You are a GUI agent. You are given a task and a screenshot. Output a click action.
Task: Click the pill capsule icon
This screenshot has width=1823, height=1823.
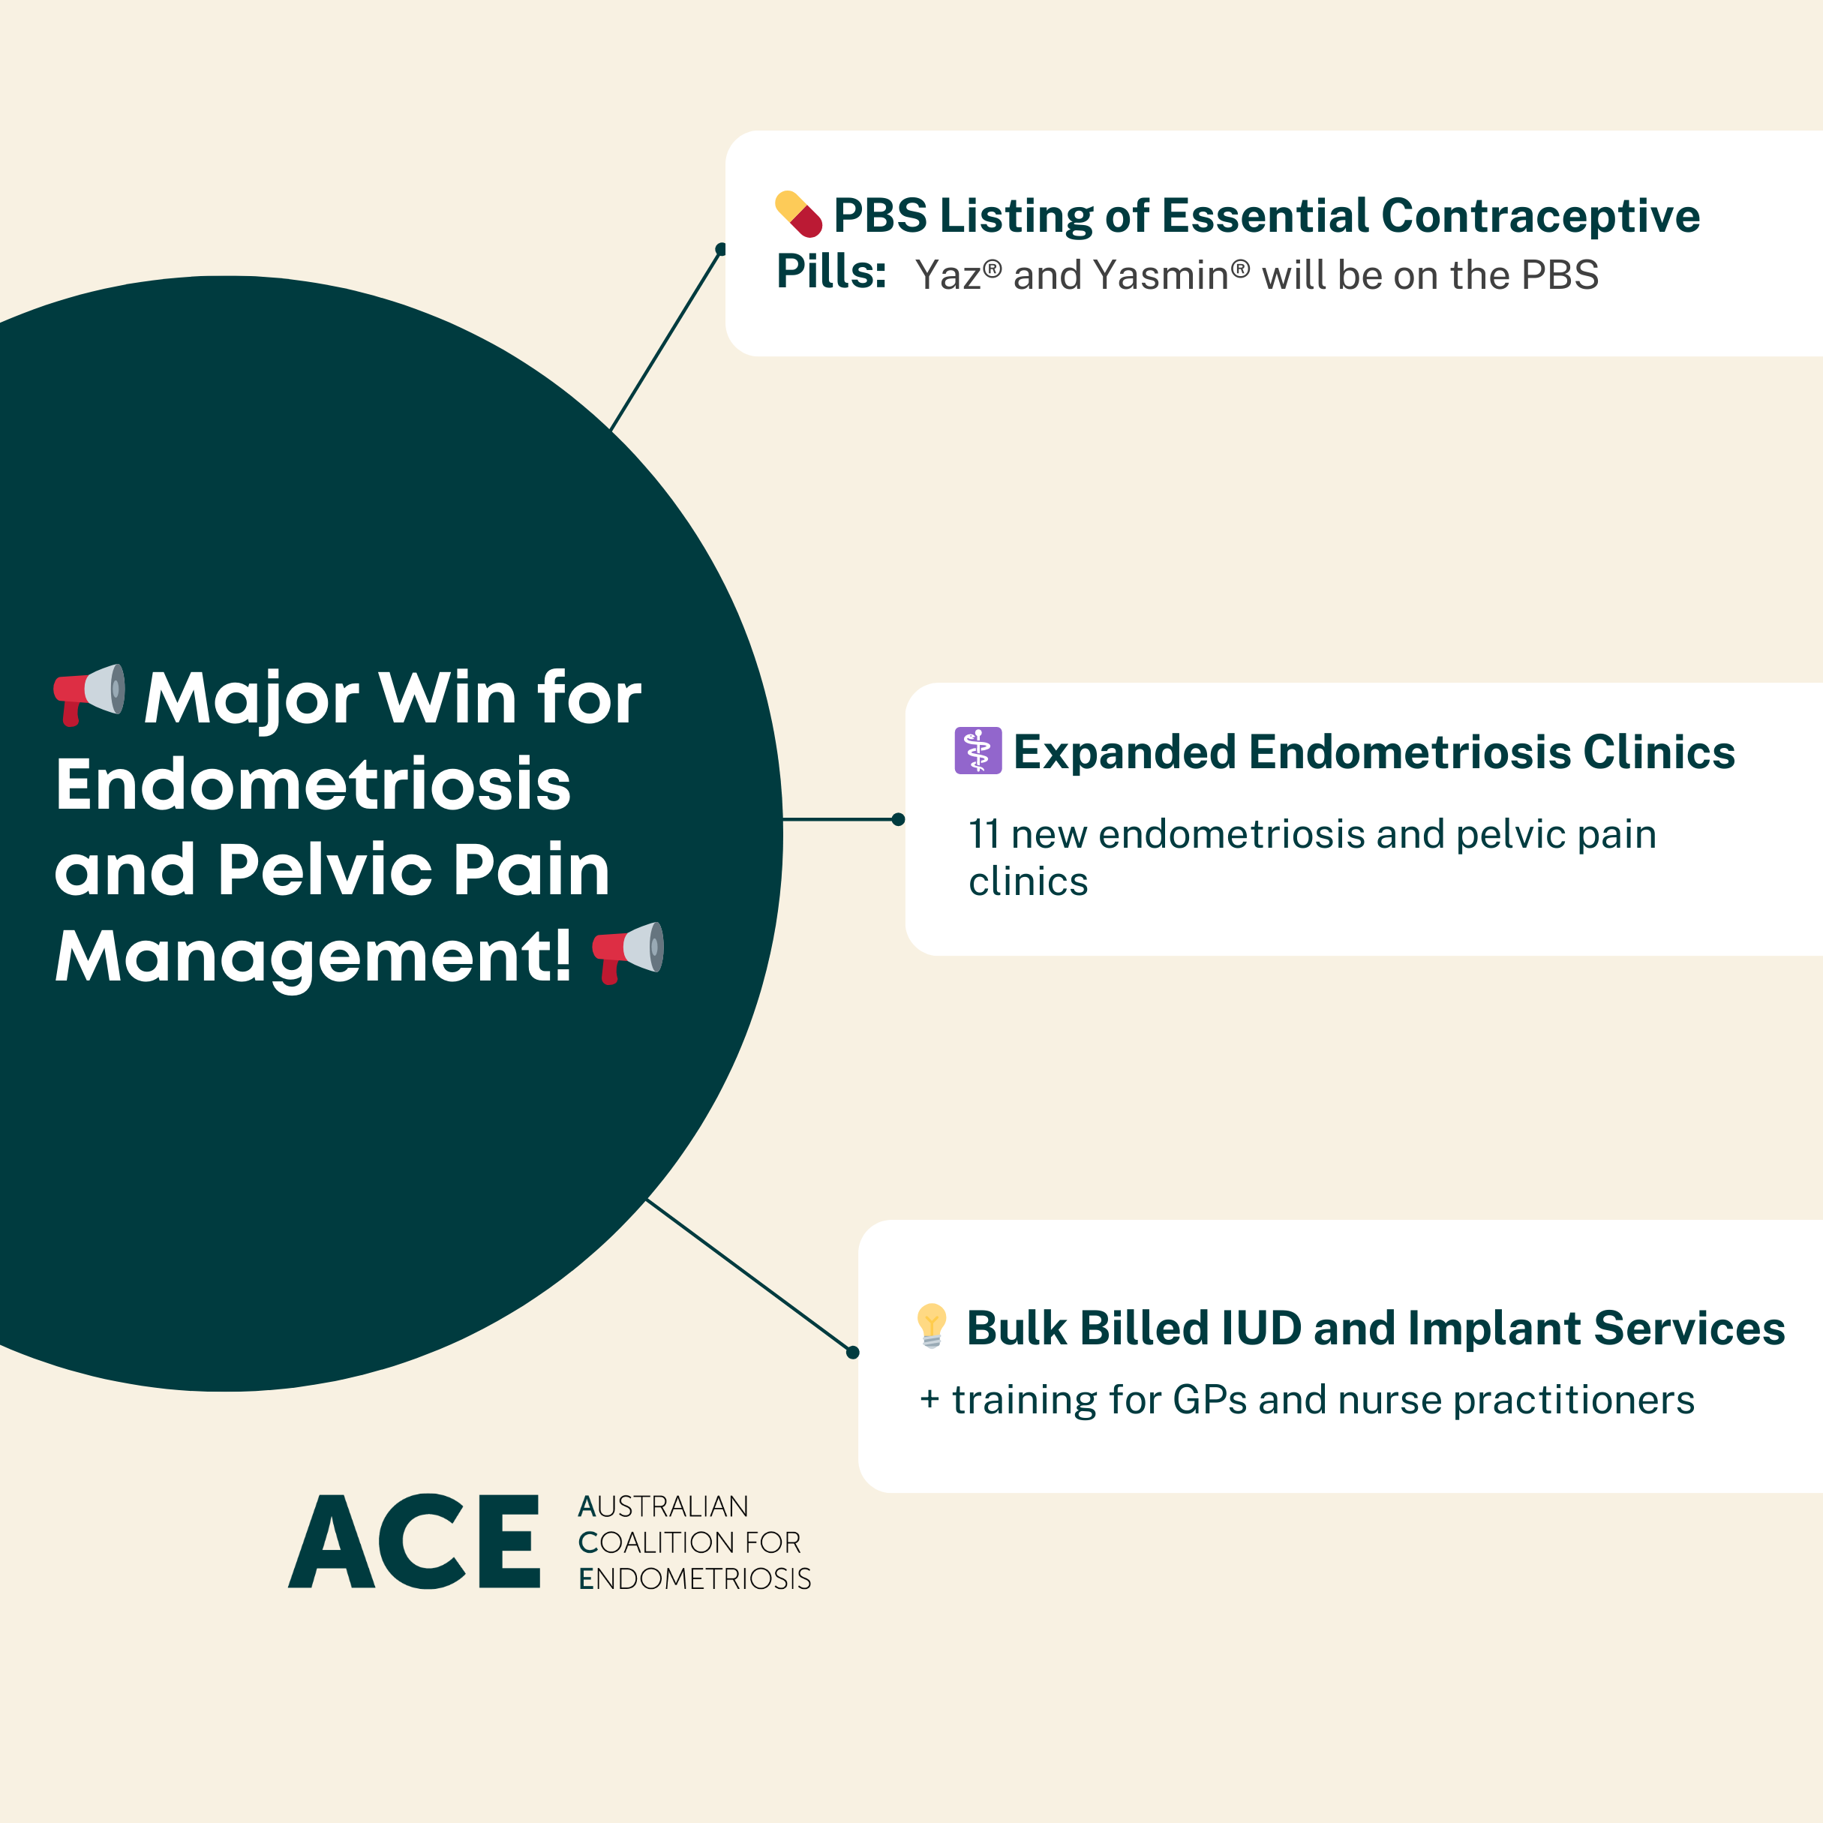point(798,215)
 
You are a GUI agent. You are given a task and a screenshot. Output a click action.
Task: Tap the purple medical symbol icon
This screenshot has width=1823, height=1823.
point(978,751)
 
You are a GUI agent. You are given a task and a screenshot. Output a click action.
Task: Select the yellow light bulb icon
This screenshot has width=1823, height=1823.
point(931,1325)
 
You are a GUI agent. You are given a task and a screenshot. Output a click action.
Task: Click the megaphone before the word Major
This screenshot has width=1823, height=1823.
point(89,693)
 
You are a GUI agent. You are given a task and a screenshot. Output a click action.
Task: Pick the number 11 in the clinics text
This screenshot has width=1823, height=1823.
point(984,834)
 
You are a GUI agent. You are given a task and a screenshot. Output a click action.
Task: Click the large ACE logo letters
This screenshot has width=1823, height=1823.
point(414,1542)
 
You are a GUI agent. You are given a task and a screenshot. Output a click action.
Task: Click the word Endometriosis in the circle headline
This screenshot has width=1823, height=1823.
point(314,784)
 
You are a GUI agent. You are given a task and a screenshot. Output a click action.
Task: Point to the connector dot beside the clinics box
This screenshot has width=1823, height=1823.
point(898,819)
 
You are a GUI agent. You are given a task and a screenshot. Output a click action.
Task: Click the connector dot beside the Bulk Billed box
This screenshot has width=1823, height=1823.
point(853,1352)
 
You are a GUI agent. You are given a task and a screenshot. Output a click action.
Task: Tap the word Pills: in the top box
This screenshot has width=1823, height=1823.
point(830,272)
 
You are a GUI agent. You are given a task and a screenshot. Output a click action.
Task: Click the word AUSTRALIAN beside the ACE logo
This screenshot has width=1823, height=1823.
point(663,1506)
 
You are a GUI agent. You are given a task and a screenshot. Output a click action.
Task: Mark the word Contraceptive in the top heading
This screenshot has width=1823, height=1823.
point(1540,216)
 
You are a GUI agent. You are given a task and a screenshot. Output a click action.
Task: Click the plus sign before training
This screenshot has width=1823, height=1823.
point(930,1399)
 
